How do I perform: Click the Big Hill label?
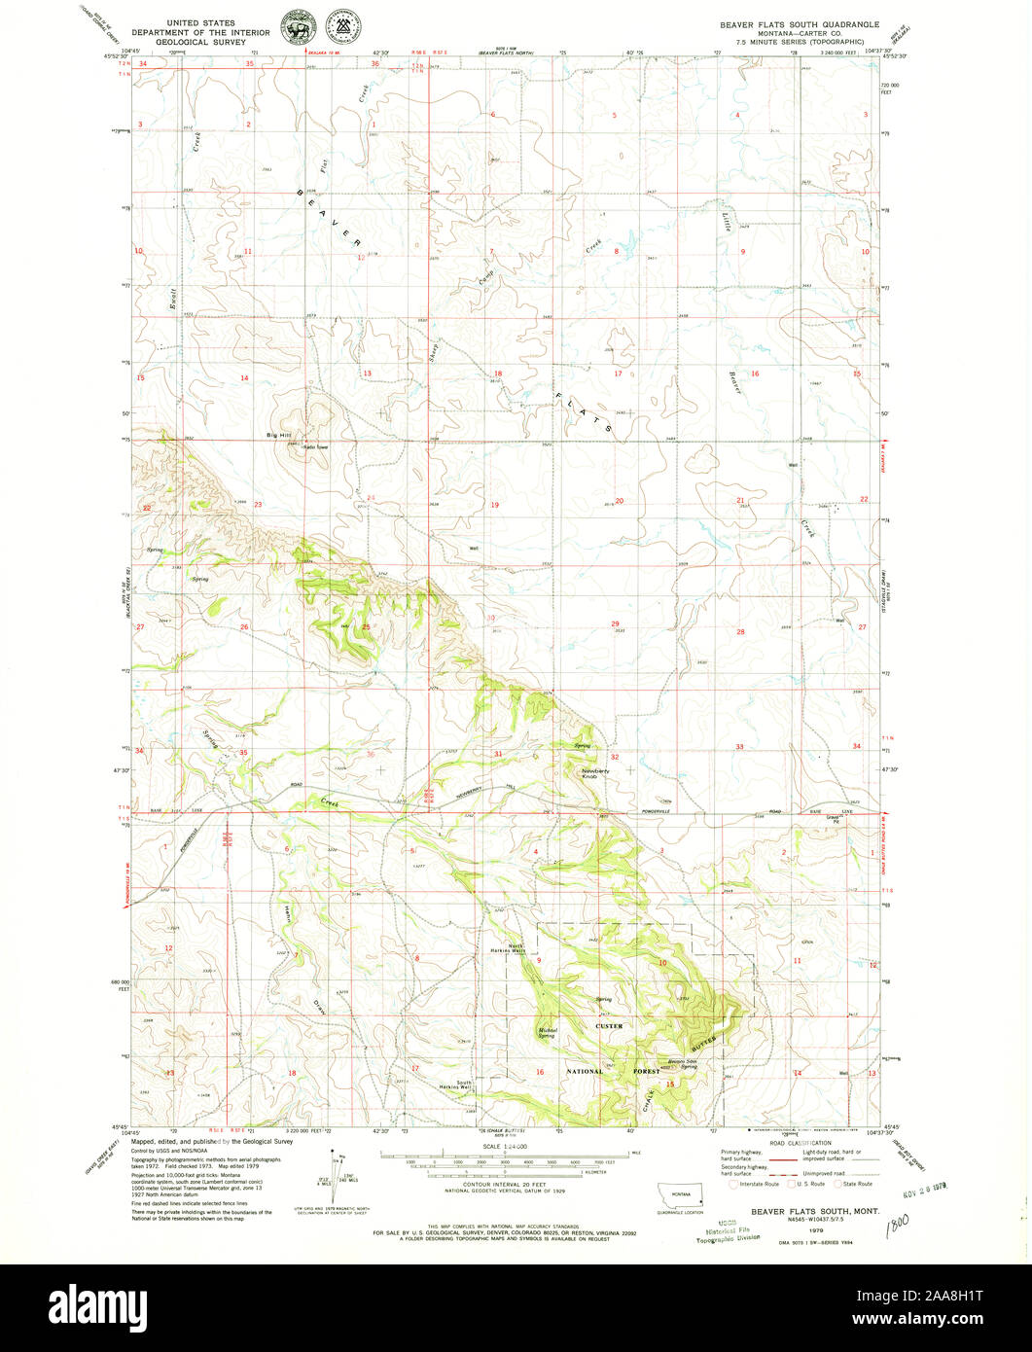[279, 435]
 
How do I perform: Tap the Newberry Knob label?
[595, 773]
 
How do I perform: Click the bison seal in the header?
[294, 29]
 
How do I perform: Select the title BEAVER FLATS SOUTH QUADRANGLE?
[800, 23]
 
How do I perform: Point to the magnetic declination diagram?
[339, 1172]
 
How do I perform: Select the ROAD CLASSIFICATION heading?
[802, 1143]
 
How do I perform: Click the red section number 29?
[615, 624]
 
